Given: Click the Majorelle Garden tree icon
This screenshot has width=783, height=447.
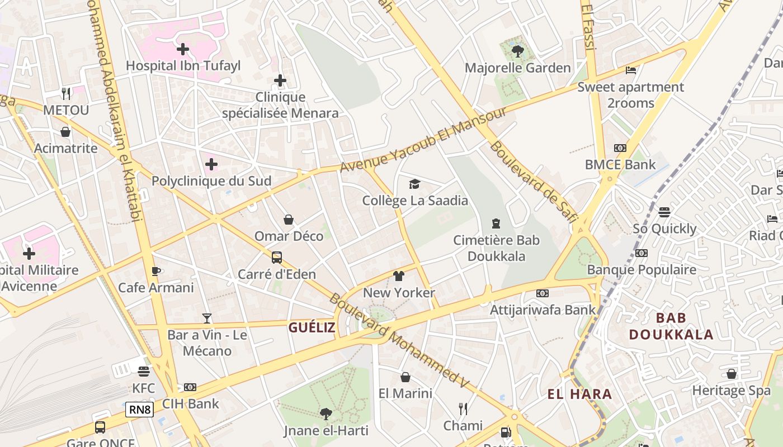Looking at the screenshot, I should pyautogui.click(x=517, y=51).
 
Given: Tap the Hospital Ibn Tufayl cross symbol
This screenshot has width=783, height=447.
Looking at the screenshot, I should pyautogui.click(x=182, y=49).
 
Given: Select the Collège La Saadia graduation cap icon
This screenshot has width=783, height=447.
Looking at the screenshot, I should pyautogui.click(x=414, y=184).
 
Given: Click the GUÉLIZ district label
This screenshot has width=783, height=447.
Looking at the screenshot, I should pyautogui.click(x=312, y=327).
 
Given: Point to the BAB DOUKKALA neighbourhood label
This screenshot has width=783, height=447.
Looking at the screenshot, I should pyautogui.click(x=671, y=326).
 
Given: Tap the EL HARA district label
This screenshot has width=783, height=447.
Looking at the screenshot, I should pyautogui.click(x=579, y=394).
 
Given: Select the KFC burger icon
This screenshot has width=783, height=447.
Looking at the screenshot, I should pyautogui.click(x=144, y=372).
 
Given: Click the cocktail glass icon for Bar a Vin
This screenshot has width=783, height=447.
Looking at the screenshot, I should pyautogui.click(x=207, y=318).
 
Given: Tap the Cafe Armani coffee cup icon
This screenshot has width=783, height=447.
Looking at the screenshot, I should pyautogui.click(x=156, y=272).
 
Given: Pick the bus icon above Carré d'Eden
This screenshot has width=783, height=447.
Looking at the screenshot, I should pyautogui.click(x=277, y=258).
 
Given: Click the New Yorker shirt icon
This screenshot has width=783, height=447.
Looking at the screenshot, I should pyautogui.click(x=398, y=276).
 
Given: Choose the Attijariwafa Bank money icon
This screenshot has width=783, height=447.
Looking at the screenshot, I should pyautogui.click(x=543, y=293).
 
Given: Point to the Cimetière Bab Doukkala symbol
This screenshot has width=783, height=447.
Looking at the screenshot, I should pyautogui.click(x=496, y=223).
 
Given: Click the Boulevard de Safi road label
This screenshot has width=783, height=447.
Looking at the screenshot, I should pyautogui.click(x=532, y=182).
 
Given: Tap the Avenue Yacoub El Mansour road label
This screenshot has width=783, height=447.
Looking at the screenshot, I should pyautogui.click(x=423, y=140).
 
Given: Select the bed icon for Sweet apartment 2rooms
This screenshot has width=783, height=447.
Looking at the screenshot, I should pyautogui.click(x=631, y=70).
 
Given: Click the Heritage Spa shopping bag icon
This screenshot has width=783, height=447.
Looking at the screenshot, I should pyautogui.click(x=731, y=374).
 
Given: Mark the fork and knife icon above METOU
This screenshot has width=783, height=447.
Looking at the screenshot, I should pyautogui.click(x=66, y=93).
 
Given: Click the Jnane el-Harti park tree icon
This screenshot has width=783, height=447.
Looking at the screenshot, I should pyautogui.click(x=326, y=414).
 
